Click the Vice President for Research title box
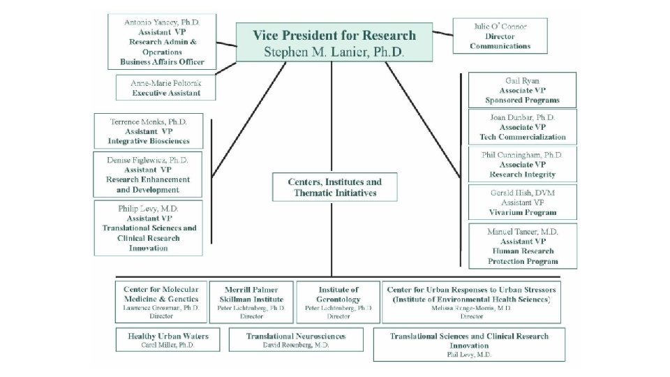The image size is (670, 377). tap(334, 43)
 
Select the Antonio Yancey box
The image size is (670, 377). tap(161, 42)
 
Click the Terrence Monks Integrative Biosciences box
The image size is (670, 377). tap(148, 131)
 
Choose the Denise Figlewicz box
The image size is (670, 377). tap(148, 175)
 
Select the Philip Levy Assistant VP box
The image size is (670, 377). tap(148, 228)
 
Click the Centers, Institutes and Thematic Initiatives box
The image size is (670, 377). tap(335, 187)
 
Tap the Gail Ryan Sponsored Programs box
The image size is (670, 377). tap(522, 91)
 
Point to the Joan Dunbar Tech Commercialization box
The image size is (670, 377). tap(522, 128)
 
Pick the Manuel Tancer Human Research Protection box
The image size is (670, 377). tap(522, 246)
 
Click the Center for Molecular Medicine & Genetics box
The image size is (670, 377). tap(161, 302)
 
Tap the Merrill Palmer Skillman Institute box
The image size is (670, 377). tap(252, 302)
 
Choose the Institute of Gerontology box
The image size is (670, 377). tap(338, 302)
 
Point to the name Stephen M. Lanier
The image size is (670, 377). tap(334, 52)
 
